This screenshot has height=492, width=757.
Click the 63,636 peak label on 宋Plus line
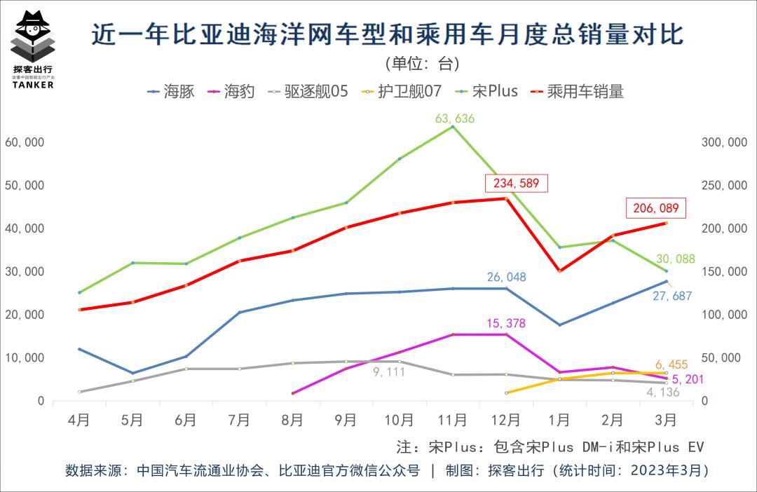coord(454,118)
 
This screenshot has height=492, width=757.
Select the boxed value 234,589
coord(517,184)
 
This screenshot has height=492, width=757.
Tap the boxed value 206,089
coord(656,208)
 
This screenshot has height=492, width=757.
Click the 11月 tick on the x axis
coord(452,420)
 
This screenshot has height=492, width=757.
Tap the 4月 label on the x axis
coord(79,420)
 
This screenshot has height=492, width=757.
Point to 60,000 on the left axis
coord(25,142)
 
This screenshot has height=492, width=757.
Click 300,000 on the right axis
coord(724,142)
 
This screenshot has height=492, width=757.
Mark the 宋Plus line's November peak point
coord(453,127)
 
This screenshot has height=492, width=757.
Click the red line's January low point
coord(559,271)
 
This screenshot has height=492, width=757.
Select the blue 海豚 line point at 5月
coord(132,373)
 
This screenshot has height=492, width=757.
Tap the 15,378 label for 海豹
coord(505,323)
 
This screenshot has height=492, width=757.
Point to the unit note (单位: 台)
coord(423,64)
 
